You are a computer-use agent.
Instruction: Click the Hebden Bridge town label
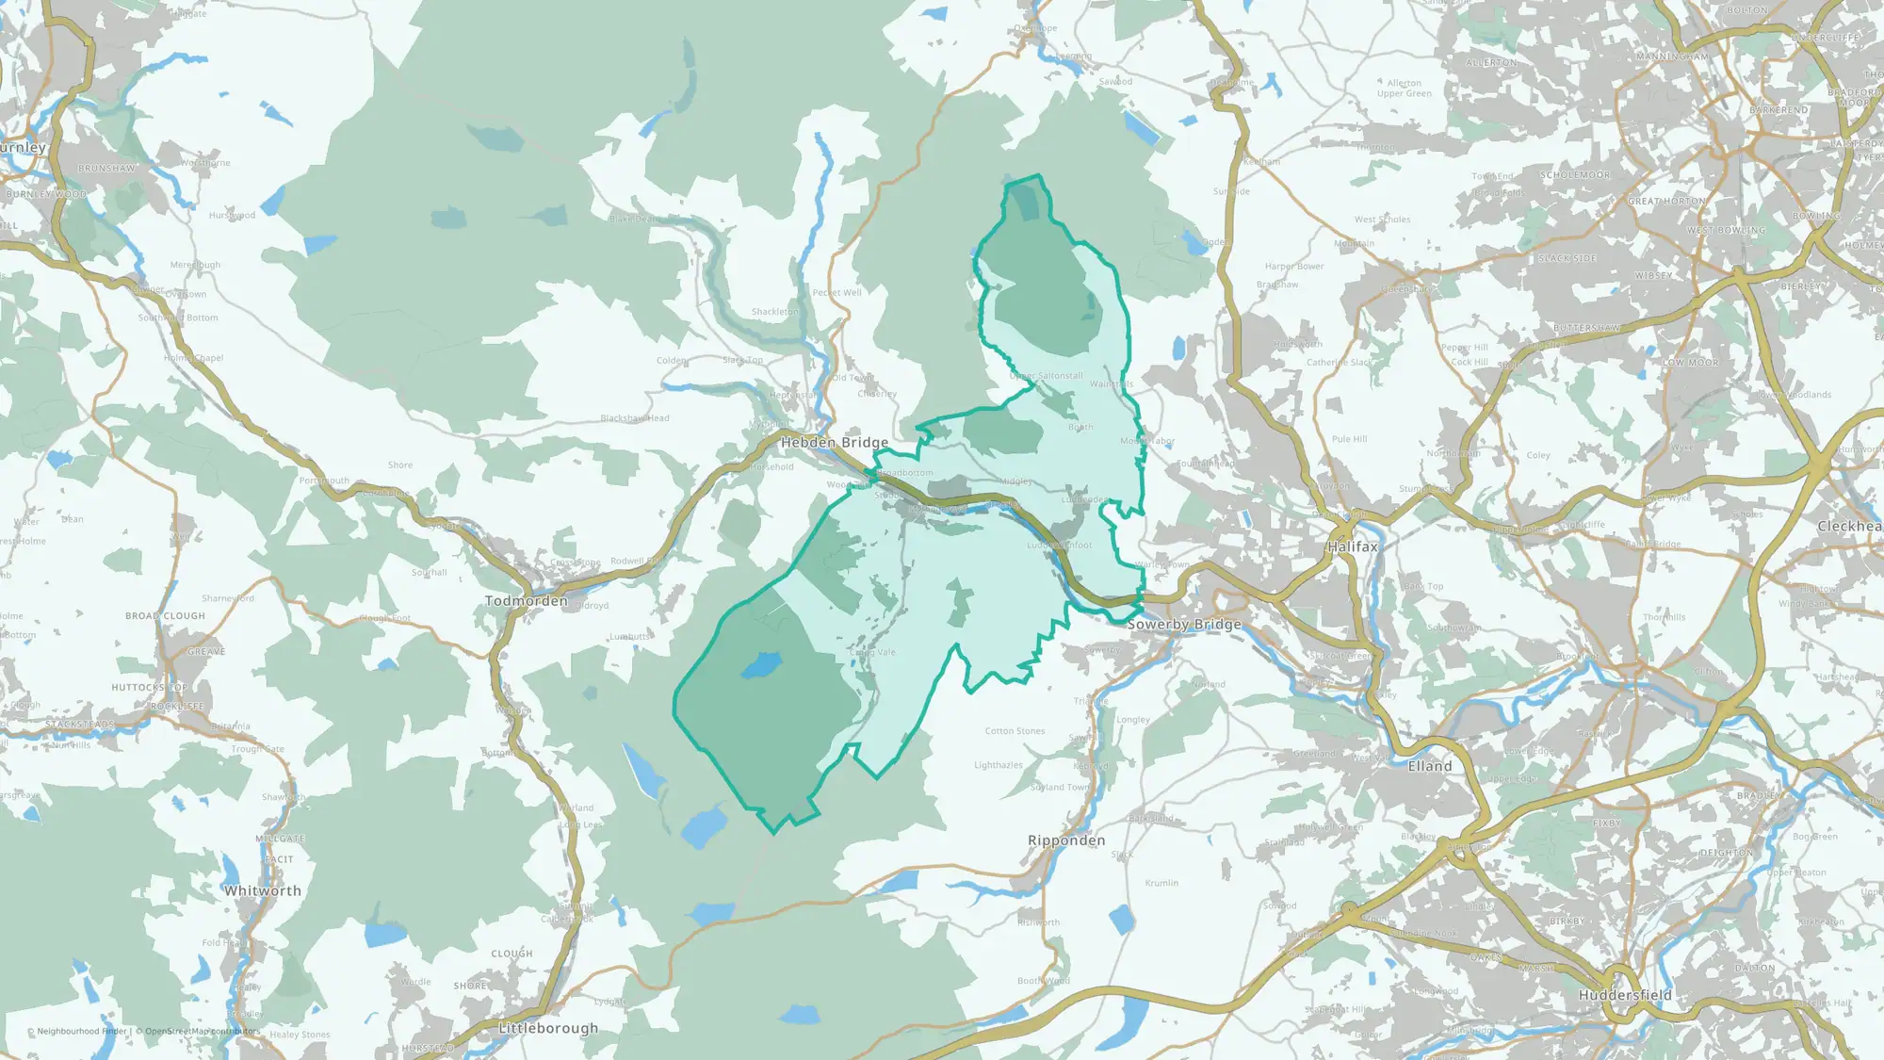pyautogui.click(x=834, y=442)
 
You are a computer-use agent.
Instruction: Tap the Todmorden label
pyautogui.click(x=527, y=601)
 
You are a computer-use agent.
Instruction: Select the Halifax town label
pyautogui.click(x=1353, y=546)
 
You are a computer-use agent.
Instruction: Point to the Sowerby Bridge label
pyautogui.click(x=1184, y=625)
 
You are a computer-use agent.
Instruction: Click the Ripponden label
pyautogui.click(x=1066, y=840)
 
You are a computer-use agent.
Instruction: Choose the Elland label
pyautogui.click(x=1430, y=767)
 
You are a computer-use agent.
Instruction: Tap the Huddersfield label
pyautogui.click(x=1625, y=995)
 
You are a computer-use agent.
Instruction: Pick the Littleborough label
pyautogui.click(x=548, y=1028)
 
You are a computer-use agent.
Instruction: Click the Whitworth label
pyautogui.click(x=263, y=890)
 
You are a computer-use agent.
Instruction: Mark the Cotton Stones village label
pyautogui.click(x=1015, y=731)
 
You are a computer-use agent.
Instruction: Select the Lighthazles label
pyautogui.click(x=999, y=765)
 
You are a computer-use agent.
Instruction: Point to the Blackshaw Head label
pyautogui.click(x=635, y=418)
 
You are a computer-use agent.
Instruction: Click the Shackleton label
pyautogui.click(x=774, y=312)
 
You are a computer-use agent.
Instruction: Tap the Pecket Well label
pyautogui.click(x=836, y=293)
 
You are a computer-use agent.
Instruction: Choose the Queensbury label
pyautogui.click(x=1410, y=290)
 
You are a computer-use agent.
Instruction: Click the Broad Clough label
pyautogui.click(x=165, y=616)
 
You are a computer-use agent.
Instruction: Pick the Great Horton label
pyautogui.click(x=1666, y=202)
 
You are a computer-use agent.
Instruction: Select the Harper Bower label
pyautogui.click(x=1294, y=267)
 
